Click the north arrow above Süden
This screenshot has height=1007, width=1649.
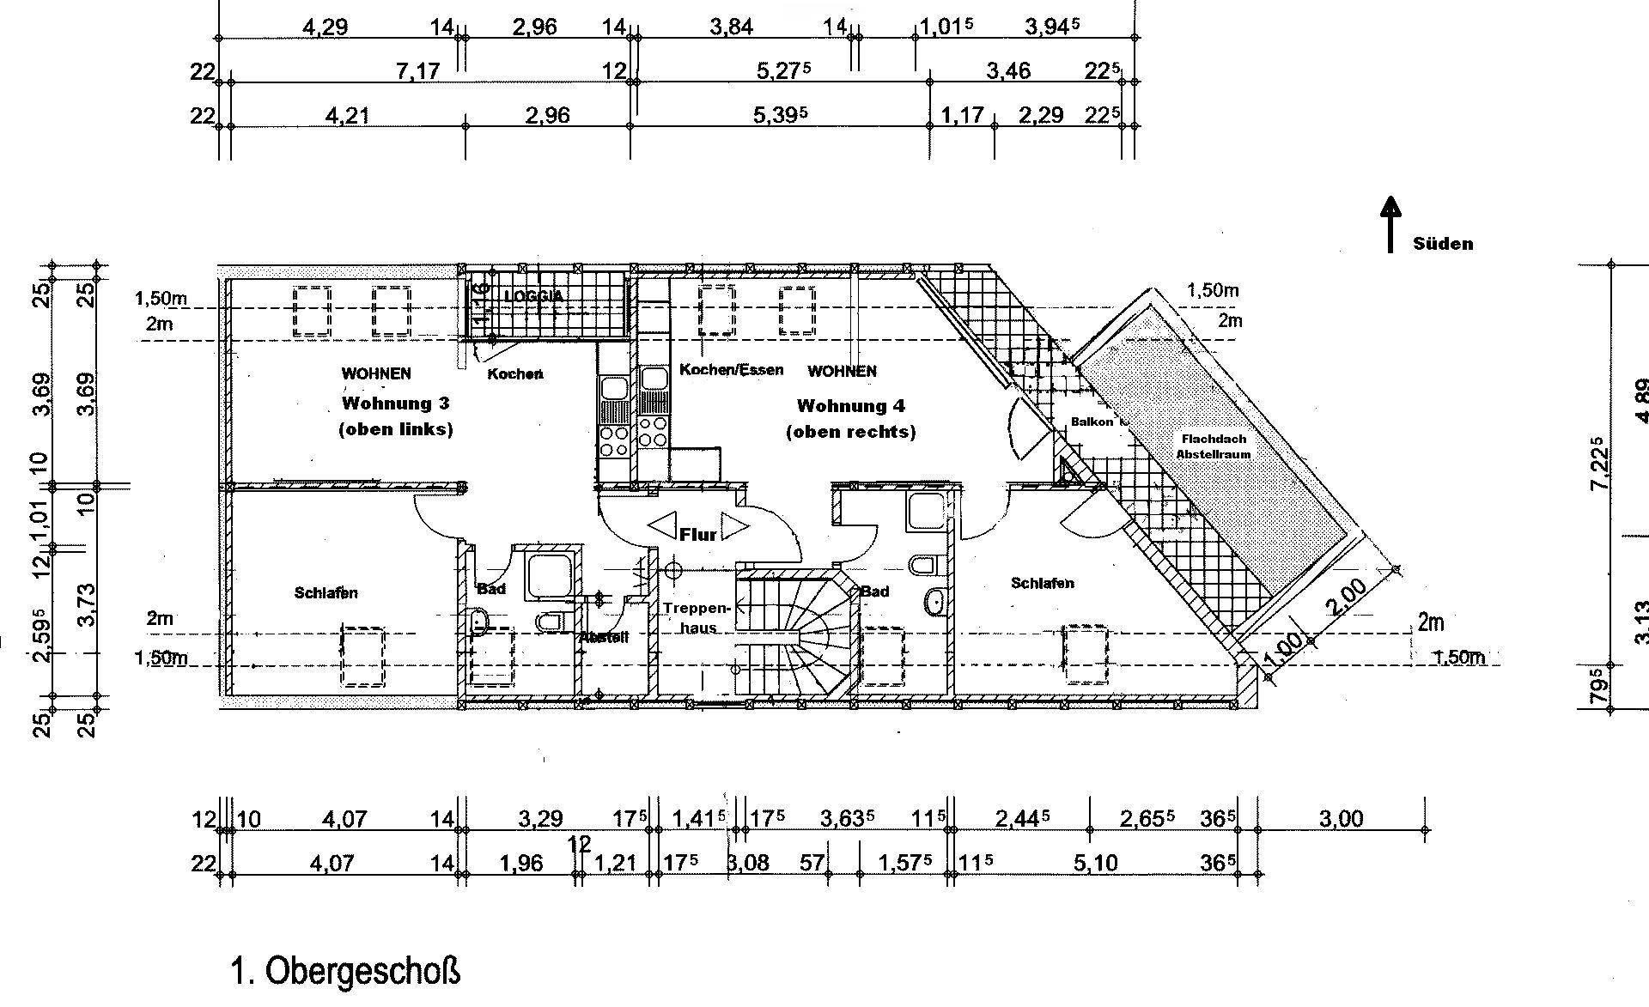point(1390,223)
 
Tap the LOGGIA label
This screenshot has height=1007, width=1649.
point(534,296)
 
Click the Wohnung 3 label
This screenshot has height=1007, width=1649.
point(395,403)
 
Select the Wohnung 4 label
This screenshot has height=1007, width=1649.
point(850,406)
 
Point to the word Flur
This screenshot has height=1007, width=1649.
point(697,535)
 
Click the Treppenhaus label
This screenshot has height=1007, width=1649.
point(696,617)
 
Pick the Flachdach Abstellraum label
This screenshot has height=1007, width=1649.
point(1213,446)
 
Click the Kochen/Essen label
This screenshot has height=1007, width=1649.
point(731,370)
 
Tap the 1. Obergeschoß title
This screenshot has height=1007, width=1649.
point(345,971)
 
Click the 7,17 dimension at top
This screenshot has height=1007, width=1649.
point(417,70)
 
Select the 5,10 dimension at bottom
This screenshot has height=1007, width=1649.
point(1096,862)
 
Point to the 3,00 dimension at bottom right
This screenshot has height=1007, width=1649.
point(1341,818)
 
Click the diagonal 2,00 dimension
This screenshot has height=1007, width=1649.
point(1346,598)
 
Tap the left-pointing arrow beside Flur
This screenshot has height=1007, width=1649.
point(661,526)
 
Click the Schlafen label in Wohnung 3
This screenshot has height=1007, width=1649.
point(326,593)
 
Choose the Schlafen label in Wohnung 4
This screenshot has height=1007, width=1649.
point(1042,584)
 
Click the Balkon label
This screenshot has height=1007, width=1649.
point(1091,422)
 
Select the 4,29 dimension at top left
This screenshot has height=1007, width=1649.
point(325,27)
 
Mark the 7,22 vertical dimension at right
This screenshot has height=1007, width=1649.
point(1597,464)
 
